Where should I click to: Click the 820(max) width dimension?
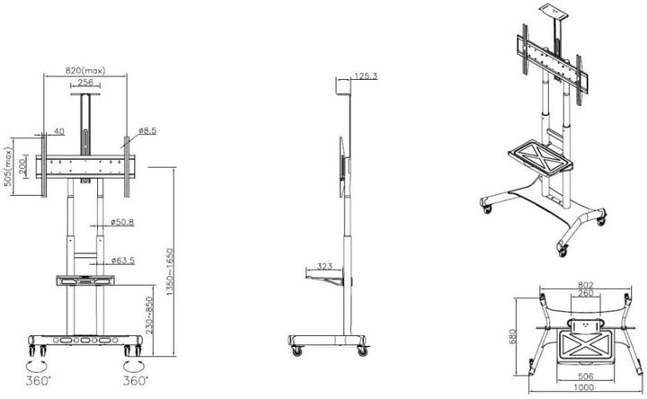click(x=86, y=69)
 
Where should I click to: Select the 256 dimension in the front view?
click(x=85, y=82)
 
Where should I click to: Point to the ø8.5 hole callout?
click(x=148, y=130)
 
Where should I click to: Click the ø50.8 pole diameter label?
click(x=122, y=221)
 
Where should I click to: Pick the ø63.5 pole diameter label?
click(x=123, y=261)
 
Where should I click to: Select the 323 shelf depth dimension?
click(x=325, y=267)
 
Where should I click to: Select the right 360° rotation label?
click(x=136, y=380)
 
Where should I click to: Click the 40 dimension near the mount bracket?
click(x=59, y=131)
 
